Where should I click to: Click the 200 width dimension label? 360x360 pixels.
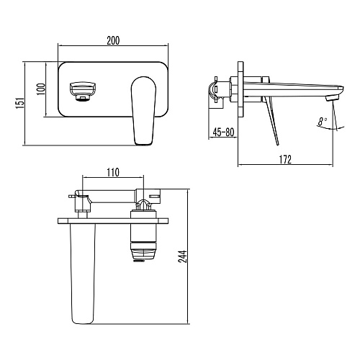[x=113, y=40]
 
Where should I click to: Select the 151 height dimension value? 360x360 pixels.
[x=20, y=103]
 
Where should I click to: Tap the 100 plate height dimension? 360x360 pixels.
[x=41, y=89]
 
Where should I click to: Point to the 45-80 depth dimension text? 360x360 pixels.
[x=223, y=132]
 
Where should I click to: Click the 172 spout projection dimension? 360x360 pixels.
[x=285, y=160]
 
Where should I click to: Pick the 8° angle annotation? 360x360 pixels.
[x=323, y=122]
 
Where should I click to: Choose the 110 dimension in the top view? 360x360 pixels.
[x=113, y=173]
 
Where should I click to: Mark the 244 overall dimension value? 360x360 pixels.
[x=183, y=256]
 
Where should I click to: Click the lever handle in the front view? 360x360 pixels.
[x=143, y=111]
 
